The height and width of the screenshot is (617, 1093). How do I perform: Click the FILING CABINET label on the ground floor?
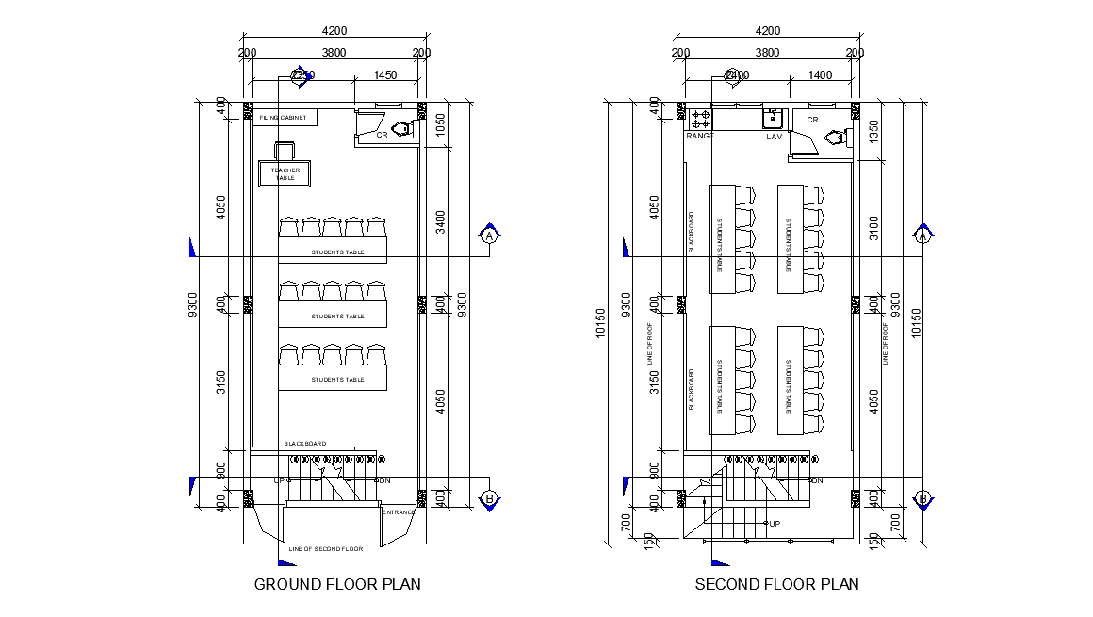(x=284, y=118)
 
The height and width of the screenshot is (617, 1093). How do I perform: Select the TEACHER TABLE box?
(x=285, y=174)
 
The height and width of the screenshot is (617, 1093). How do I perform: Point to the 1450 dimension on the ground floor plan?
(x=384, y=75)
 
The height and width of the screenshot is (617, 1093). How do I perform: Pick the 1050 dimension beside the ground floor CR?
(x=440, y=125)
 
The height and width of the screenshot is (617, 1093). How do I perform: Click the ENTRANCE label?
(x=398, y=512)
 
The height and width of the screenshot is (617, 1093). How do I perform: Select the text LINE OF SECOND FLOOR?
(x=326, y=548)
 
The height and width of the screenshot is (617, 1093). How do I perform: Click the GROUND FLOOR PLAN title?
(x=337, y=584)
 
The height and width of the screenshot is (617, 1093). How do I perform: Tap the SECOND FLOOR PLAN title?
(x=776, y=584)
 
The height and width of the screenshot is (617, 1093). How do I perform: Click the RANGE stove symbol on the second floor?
(x=700, y=119)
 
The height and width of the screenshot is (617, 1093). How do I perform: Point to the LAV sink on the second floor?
(x=774, y=118)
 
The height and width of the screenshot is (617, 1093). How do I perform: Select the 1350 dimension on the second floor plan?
(x=873, y=133)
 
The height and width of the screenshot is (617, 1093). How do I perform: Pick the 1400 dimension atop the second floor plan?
(x=820, y=75)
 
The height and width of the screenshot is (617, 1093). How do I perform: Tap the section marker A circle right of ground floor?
(x=489, y=236)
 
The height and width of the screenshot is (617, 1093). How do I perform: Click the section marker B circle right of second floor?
(x=923, y=498)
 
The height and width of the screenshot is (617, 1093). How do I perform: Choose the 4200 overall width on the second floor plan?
(x=768, y=30)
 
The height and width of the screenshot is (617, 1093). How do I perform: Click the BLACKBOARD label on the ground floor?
(x=305, y=444)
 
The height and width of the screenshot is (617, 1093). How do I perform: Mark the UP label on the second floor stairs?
(x=775, y=524)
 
